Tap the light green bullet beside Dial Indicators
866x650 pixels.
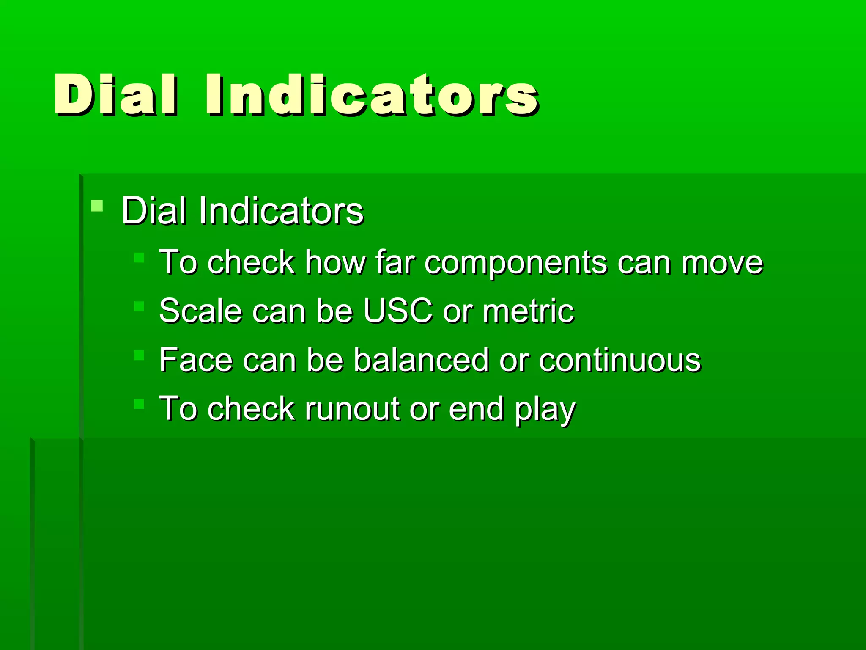click(97, 206)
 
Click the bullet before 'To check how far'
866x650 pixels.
click(139, 258)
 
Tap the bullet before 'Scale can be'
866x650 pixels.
click(139, 306)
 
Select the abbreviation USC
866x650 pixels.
click(397, 311)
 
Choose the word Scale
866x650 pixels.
click(200, 311)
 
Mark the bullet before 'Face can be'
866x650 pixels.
click(139, 355)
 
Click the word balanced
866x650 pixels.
click(421, 360)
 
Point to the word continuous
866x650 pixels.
click(619, 360)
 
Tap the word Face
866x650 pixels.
click(195, 360)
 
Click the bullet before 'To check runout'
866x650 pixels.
click(139, 404)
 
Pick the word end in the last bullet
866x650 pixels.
click(476, 409)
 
